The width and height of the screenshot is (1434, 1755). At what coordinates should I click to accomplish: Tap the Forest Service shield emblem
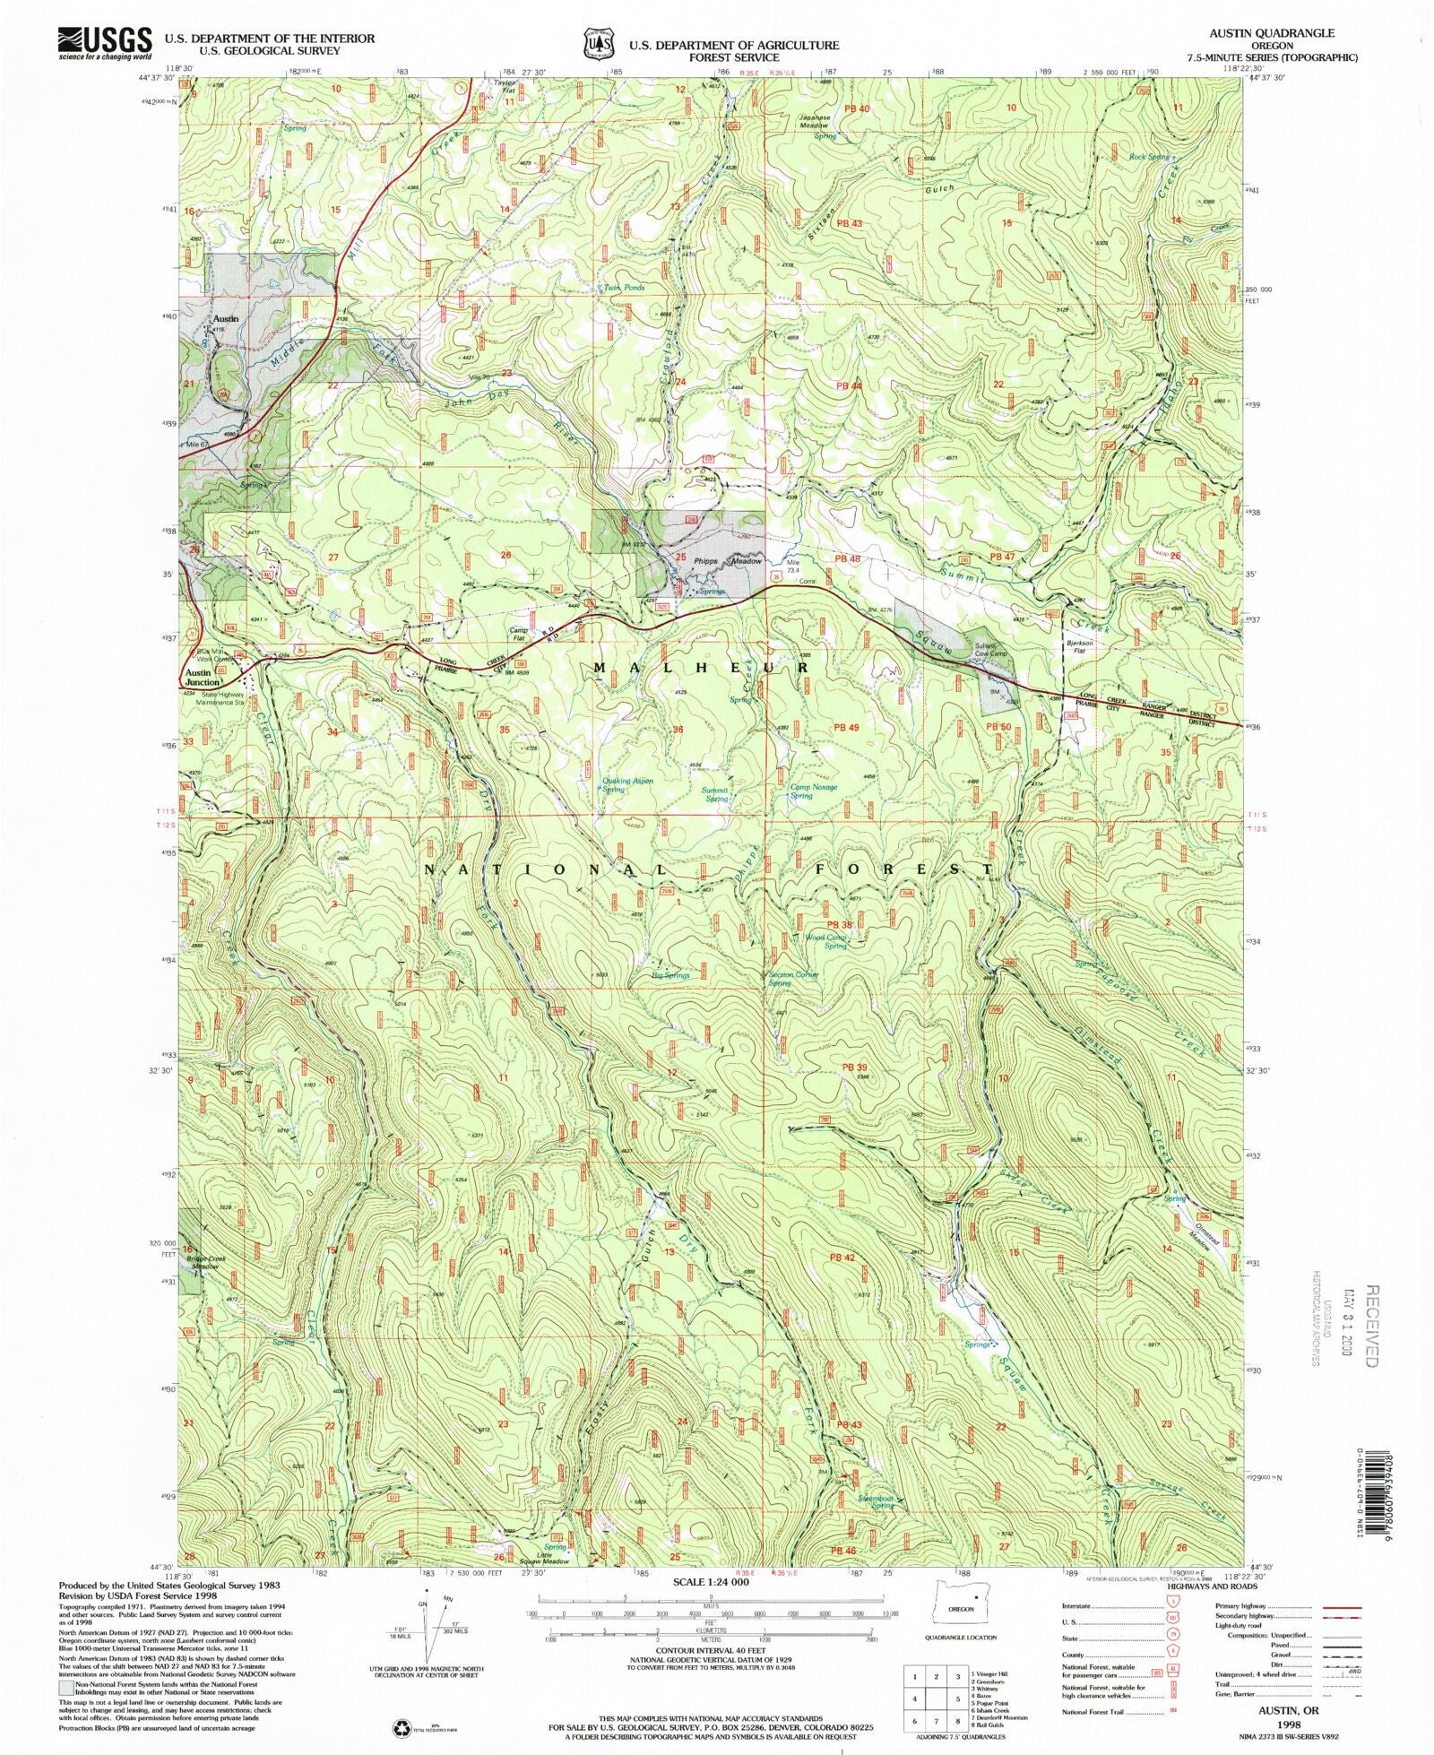(x=598, y=42)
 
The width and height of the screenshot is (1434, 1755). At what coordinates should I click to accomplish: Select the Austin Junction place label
(x=199, y=677)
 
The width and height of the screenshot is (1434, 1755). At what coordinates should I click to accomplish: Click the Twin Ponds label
(x=624, y=288)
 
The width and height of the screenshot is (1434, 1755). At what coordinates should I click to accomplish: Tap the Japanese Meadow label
(x=815, y=122)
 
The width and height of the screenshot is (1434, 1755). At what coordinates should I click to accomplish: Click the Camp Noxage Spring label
(x=813, y=791)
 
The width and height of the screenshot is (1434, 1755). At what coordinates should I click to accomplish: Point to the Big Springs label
(x=670, y=974)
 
